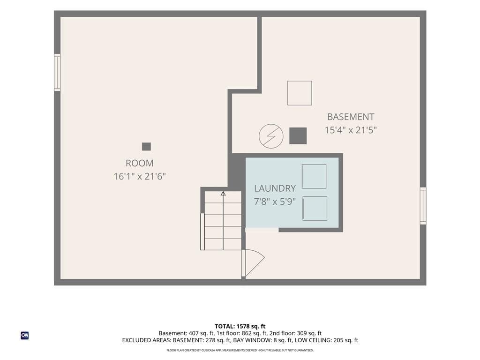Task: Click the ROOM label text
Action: click(140, 163)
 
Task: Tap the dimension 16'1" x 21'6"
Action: click(140, 176)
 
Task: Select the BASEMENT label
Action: click(351, 117)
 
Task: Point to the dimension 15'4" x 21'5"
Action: click(351, 130)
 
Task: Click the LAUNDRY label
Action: click(275, 188)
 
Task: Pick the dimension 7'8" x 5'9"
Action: click(275, 202)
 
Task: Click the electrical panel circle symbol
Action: click(271, 136)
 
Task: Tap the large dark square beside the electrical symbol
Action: click(298, 135)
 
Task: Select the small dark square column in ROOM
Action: click(146, 147)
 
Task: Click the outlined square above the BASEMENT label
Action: click(300, 93)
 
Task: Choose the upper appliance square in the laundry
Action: click(314, 176)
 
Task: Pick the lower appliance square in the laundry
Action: click(315, 209)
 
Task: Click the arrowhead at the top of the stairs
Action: click(223, 194)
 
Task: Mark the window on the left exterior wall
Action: click(57, 73)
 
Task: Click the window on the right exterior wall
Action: click(423, 206)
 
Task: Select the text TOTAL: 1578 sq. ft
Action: click(240, 326)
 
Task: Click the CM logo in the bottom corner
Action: click(25, 336)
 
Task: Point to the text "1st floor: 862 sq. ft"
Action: click(241, 333)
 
